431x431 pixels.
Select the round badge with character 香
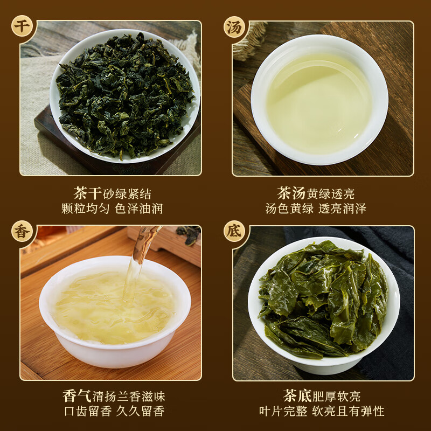22,231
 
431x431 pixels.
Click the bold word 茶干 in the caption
87,193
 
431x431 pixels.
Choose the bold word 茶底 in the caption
296,397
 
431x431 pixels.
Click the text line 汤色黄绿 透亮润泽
316,208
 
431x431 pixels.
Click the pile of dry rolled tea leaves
124,95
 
